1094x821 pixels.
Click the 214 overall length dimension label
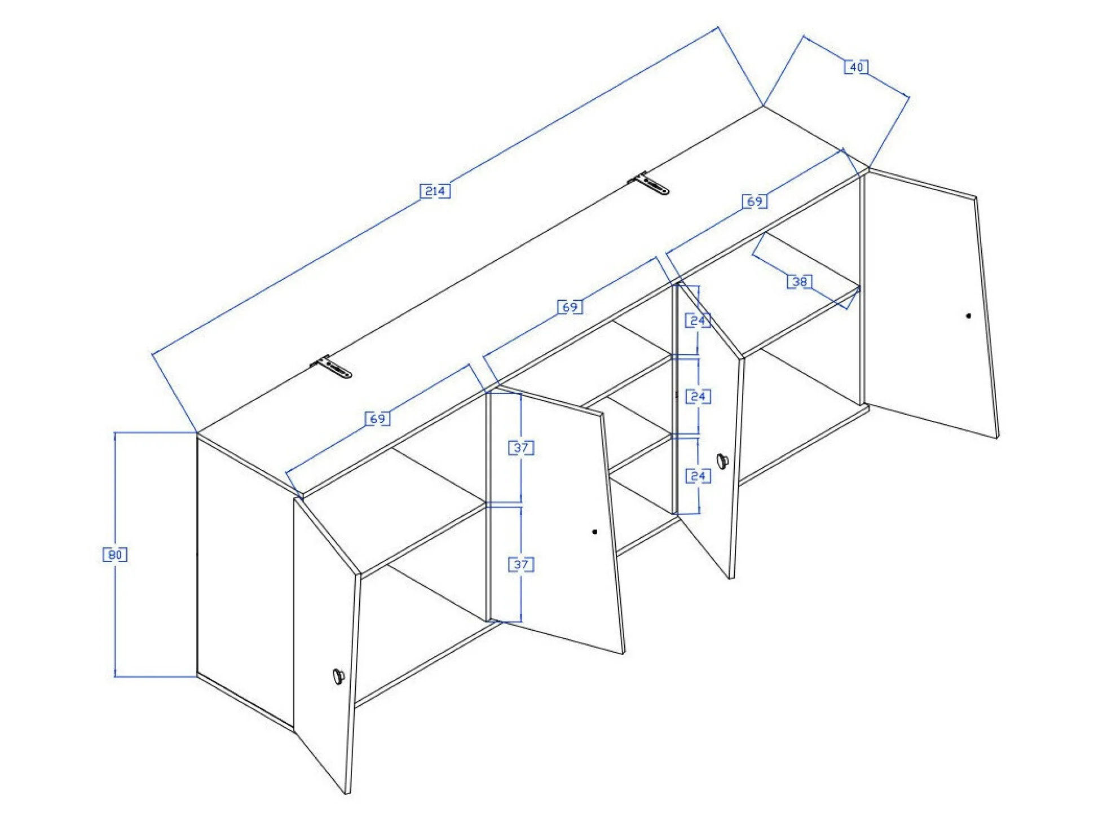435,191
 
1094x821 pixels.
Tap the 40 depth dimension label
856,67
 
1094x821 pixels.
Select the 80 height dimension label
115,555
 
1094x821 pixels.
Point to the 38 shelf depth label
800,282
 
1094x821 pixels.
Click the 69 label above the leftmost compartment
378,419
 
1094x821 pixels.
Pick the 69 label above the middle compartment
570,307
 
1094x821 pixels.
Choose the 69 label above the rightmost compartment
755,201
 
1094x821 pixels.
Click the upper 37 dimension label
521,448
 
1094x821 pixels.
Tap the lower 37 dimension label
521,564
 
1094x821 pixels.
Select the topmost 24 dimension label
698,321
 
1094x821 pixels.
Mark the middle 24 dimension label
698,397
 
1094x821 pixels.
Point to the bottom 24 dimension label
698,476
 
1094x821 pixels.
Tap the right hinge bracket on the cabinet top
650,184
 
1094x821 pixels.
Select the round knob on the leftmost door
338,675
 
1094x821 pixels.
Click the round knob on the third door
722,460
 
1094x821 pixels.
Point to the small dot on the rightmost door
968,316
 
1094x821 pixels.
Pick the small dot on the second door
595,532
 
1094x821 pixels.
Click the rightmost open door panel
930,305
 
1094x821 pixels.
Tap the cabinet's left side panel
245,581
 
